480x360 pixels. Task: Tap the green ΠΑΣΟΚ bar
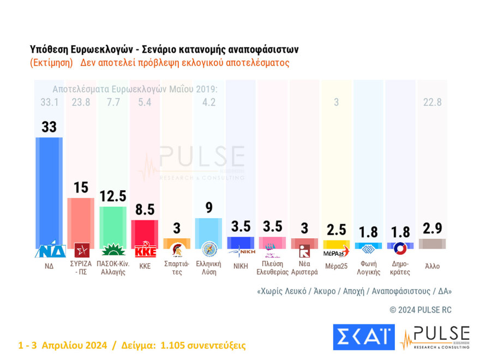[113, 226]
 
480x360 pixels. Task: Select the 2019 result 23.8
[81, 102]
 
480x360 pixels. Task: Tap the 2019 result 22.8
[432, 102]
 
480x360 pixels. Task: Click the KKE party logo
[145, 250]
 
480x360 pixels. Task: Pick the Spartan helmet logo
[177, 250]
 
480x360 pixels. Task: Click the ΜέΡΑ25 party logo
[336, 251]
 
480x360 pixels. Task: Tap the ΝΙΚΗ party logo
[241, 251]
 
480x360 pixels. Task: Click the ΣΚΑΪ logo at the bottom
[363, 337]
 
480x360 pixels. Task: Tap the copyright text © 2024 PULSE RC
[421, 310]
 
